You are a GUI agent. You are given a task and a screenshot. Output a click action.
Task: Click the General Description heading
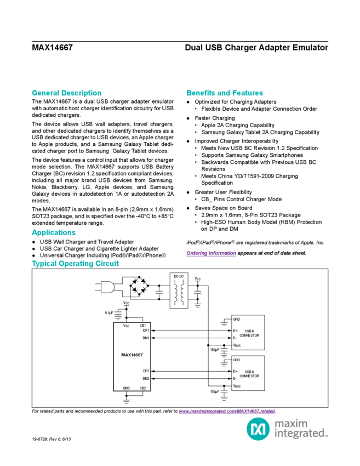pos(66,93)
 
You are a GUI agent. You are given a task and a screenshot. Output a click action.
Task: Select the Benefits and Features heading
pos(225,93)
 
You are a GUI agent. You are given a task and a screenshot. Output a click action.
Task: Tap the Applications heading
pos(53,233)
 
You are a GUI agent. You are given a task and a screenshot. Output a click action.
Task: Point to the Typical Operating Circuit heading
pos(76,264)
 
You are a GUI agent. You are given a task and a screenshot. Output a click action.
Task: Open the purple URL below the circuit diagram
pos(226,411)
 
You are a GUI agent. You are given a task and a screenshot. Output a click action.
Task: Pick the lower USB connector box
pos(248,373)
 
